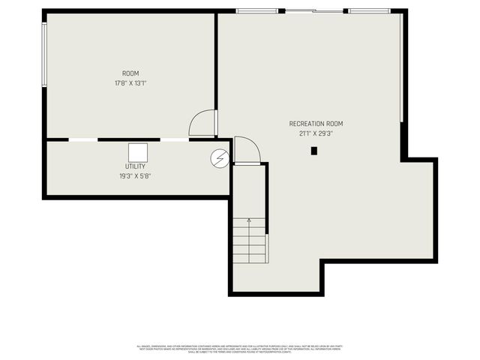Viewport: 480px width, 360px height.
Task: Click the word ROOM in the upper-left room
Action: pos(130,73)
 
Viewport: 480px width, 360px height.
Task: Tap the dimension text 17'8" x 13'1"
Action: pos(130,83)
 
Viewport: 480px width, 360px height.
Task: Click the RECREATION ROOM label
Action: pos(316,124)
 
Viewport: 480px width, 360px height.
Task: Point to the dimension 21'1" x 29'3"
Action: pos(316,133)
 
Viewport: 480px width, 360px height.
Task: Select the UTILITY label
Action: pos(136,166)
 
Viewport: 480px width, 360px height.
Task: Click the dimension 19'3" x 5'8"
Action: pos(136,176)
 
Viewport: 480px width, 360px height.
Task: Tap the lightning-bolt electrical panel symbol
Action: pos(220,158)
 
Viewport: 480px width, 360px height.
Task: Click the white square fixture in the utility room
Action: pos(136,151)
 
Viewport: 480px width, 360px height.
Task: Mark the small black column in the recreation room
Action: pos(314,151)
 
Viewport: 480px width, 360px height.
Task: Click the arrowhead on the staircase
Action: pos(250,221)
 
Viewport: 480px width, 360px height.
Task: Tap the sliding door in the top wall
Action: pos(313,10)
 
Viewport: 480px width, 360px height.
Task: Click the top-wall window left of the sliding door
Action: pos(257,10)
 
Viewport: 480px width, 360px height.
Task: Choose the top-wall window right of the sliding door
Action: pos(369,10)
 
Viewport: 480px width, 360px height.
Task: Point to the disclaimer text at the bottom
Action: pos(239,349)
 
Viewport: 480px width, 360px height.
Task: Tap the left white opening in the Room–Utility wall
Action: pos(82,139)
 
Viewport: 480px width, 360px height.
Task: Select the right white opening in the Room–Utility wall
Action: pos(175,139)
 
